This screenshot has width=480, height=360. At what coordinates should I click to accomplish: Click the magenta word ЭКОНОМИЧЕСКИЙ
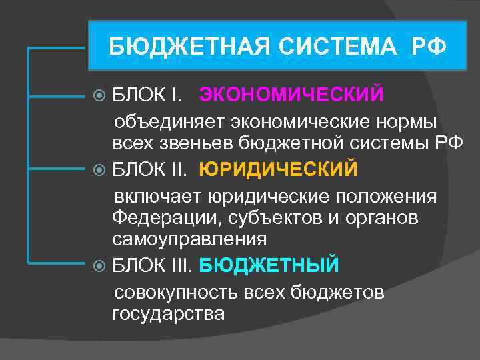(x=291, y=95)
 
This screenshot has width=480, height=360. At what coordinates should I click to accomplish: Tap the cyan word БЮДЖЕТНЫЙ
(x=269, y=265)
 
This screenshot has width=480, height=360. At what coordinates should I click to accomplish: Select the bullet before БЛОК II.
(x=99, y=170)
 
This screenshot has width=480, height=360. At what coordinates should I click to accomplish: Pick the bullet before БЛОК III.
(x=99, y=266)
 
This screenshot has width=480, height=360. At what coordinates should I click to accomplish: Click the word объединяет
(x=169, y=124)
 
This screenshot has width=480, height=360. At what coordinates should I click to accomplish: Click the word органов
(x=382, y=219)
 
